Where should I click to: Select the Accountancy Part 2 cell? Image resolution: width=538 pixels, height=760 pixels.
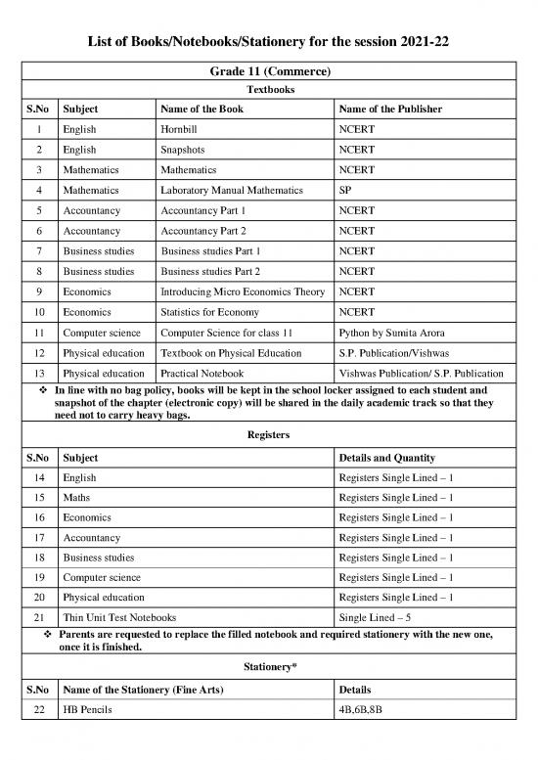[203, 231]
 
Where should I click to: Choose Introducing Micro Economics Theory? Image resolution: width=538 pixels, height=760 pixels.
[242, 291]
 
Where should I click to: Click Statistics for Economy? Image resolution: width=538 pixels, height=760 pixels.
[208, 312]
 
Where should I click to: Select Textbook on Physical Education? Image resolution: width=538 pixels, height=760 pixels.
[230, 353]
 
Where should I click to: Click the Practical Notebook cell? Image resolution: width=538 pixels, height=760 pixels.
[202, 374]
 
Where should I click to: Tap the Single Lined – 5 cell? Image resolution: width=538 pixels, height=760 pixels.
[376, 618]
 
